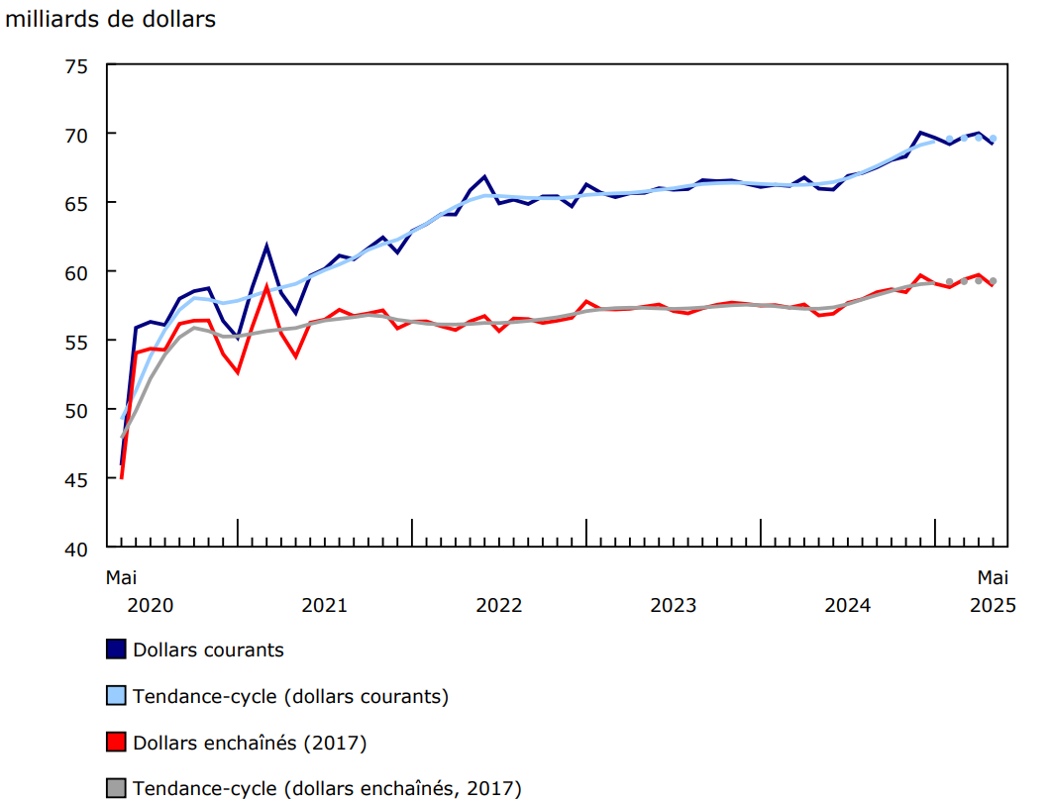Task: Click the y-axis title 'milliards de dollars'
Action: tap(111, 19)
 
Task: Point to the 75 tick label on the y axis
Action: tap(76, 65)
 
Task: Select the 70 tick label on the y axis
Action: tap(76, 134)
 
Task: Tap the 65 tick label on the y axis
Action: tap(76, 203)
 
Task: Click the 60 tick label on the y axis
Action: tap(76, 272)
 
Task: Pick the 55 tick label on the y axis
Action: tap(76, 341)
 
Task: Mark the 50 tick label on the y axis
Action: tap(76, 410)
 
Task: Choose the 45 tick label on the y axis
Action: tap(76, 479)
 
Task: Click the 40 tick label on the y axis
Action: tap(76, 548)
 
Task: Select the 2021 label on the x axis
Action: tap(325, 605)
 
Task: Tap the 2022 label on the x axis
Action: tap(499, 605)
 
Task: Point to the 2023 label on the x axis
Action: tap(674, 605)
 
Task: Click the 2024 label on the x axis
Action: tap(848, 605)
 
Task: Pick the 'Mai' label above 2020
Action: tap(121, 576)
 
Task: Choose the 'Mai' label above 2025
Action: tap(993, 576)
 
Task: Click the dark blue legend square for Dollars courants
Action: tap(116, 650)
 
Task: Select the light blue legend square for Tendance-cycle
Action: tap(116, 696)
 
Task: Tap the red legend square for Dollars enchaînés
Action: tap(116, 742)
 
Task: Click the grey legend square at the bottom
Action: tap(116, 788)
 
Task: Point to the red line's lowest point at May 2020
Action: tap(121, 478)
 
